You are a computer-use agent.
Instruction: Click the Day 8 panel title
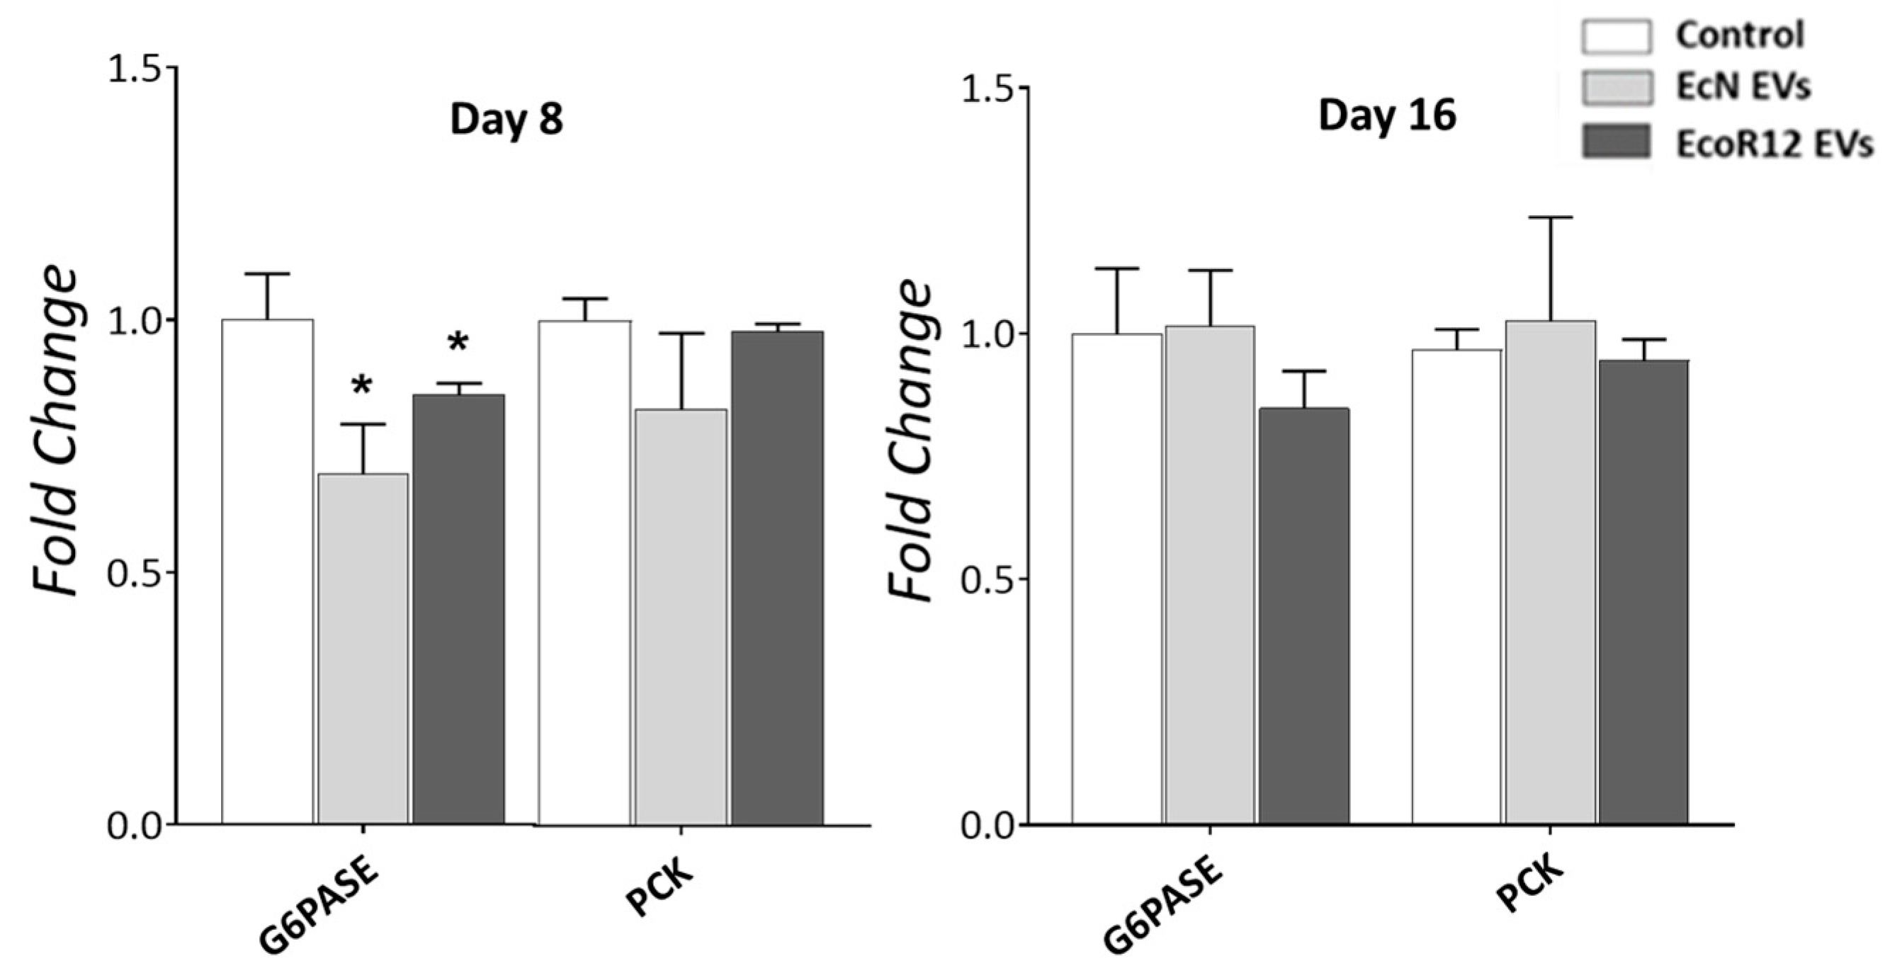coord(507,119)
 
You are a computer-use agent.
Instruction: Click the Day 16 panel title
coord(1387,116)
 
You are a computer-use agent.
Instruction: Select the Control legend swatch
coord(1616,37)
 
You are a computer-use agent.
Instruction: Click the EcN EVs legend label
coord(1743,87)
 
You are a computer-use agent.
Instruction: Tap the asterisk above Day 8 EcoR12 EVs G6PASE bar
coord(458,343)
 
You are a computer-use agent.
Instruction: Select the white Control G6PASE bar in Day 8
coord(267,572)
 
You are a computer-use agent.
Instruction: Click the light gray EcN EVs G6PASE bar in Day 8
coord(363,649)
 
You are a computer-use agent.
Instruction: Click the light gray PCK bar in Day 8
coord(681,616)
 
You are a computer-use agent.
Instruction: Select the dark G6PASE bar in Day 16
coord(1303,616)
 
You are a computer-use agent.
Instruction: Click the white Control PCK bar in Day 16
coord(1456,587)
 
